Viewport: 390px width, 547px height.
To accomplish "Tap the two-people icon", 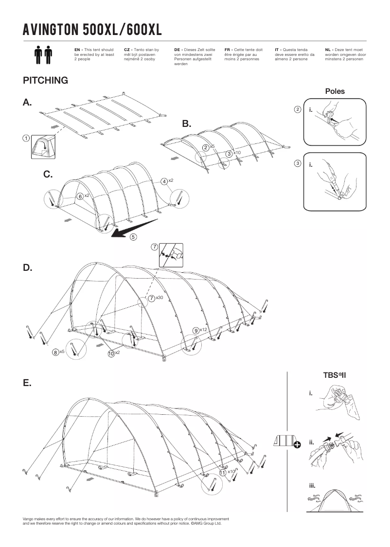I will pyautogui.click(x=43, y=55).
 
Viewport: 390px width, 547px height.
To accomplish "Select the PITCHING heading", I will pyautogui.click(x=45, y=80).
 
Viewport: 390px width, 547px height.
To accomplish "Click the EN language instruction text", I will pyautogui.click(x=94, y=54).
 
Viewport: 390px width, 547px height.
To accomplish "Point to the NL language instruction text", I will pyautogui.click(x=346, y=54).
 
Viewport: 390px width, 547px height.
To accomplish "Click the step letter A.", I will pyautogui.click(x=27, y=103).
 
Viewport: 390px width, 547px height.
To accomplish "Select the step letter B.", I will pyautogui.click(x=186, y=124).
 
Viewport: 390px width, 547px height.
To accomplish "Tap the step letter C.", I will pyautogui.click(x=48, y=174).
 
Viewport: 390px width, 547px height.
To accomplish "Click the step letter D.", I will pyautogui.click(x=27, y=268).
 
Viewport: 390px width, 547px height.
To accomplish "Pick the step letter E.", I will pyautogui.click(x=27, y=383).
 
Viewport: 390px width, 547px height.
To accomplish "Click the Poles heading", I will pyautogui.click(x=335, y=91).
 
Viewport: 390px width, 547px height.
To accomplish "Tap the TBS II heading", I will pyautogui.click(x=334, y=375).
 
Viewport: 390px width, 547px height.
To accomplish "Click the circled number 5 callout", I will pyautogui.click(x=133, y=237).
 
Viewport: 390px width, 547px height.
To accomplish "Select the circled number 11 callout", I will pyautogui.click(x=222, y=472).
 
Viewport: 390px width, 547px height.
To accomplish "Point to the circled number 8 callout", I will pyautogui.click(x=56, y=352).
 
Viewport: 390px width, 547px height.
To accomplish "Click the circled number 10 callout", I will pyautogui.click(x=111, y=353).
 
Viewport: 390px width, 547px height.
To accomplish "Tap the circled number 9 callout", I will pyautogui.click(x=195, y=331).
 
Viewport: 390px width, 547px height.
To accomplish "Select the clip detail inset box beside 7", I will pyautogui.click(x=171, y=254).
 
